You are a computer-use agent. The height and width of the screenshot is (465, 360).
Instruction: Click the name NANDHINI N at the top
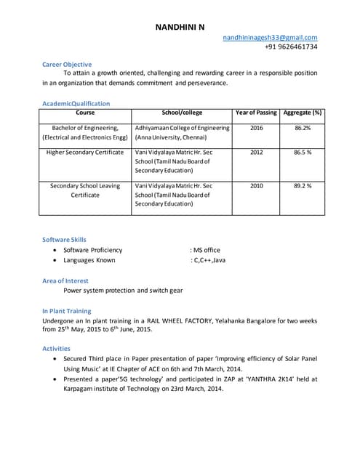(180, 27)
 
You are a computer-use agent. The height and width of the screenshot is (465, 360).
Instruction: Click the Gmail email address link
(270, 37)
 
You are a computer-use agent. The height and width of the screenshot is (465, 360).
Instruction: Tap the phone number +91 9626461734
(291, 46)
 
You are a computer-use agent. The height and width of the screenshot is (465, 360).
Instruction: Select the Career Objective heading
(67, 65)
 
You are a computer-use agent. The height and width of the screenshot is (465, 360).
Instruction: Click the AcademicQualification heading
(76, 103)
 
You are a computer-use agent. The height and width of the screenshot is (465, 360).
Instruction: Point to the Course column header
(85, 113)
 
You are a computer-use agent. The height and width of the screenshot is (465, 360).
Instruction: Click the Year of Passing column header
(256, 113)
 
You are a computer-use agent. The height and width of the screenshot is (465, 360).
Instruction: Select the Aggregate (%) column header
(303, 113)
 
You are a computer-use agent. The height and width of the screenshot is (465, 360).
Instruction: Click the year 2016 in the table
(256, 128)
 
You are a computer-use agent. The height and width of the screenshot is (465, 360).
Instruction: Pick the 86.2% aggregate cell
(303, 128)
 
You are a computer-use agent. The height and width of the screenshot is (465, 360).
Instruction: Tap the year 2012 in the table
(256, 153)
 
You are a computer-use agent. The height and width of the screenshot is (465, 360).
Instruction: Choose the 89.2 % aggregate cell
(303, 186)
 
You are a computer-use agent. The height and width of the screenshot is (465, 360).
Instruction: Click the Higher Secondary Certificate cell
(85, 153)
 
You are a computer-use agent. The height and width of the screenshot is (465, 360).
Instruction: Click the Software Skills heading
(64, 239)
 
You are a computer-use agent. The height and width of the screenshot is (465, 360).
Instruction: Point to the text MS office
(207, 250)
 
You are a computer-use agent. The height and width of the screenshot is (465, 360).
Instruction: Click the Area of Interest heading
(65, 280)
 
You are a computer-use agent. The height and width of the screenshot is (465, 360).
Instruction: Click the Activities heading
(56, 349)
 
